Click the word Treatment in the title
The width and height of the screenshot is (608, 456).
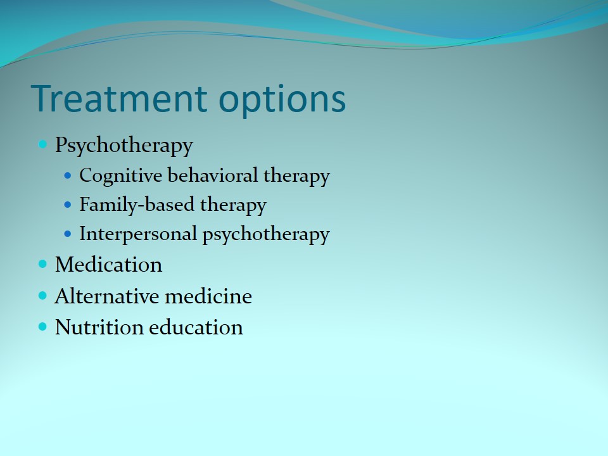click(x=119, y=98)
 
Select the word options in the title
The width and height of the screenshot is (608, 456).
click(x=282, y=101)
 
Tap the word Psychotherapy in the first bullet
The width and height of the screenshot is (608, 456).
click(x=123, y=146)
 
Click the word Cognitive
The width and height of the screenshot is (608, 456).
click(x=120, y=176)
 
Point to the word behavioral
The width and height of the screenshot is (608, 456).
click(x=213, y=175)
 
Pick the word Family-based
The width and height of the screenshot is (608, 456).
click(x=137, y=205)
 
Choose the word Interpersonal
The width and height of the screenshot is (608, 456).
click(x=138, y=234)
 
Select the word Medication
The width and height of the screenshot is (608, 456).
click(x=108, y=265)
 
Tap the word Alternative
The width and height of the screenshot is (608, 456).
click(x=107, y=296)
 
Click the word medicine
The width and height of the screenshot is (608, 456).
click(x=208, y=296)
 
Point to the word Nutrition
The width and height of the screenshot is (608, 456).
click(x=99, y=327)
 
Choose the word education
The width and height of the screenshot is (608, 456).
click(x=196, y=327)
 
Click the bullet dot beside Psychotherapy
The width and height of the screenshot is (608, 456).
click(x=42, y=144)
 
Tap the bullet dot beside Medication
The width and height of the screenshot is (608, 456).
click(x=42, y=265)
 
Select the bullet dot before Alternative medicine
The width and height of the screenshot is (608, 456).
click(x=42, y=296)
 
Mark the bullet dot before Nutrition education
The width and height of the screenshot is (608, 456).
click(x=42, y=327)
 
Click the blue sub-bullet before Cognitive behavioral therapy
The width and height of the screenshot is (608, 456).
click(x=68, y=175)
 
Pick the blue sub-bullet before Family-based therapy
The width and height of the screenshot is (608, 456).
click(x=68, y=205)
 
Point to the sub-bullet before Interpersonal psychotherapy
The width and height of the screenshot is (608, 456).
click(x=68, y=234)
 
